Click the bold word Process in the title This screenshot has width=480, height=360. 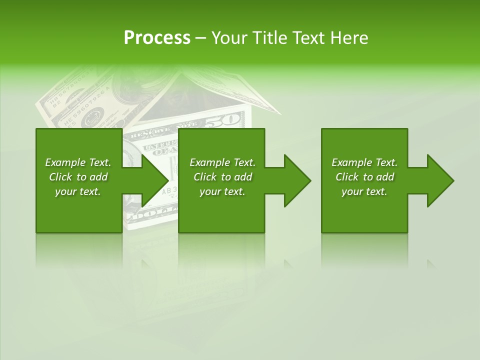tap(157, 38)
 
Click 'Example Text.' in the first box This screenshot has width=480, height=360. tap(78, 162)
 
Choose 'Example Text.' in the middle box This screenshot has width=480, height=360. tap(222, 162)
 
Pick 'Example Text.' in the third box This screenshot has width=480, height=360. tap(364, 162)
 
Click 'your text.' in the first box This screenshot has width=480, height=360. tap(78, 191)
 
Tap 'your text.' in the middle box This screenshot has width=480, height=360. tap(222, 191)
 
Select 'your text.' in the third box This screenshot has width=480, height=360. tap(364, 191)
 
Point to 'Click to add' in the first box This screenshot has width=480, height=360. tap(78, 177)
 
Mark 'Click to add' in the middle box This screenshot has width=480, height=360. tap(222, 177)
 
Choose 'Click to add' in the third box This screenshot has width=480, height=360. tap(364, 177)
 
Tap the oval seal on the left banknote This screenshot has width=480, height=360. tap(91, 120)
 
